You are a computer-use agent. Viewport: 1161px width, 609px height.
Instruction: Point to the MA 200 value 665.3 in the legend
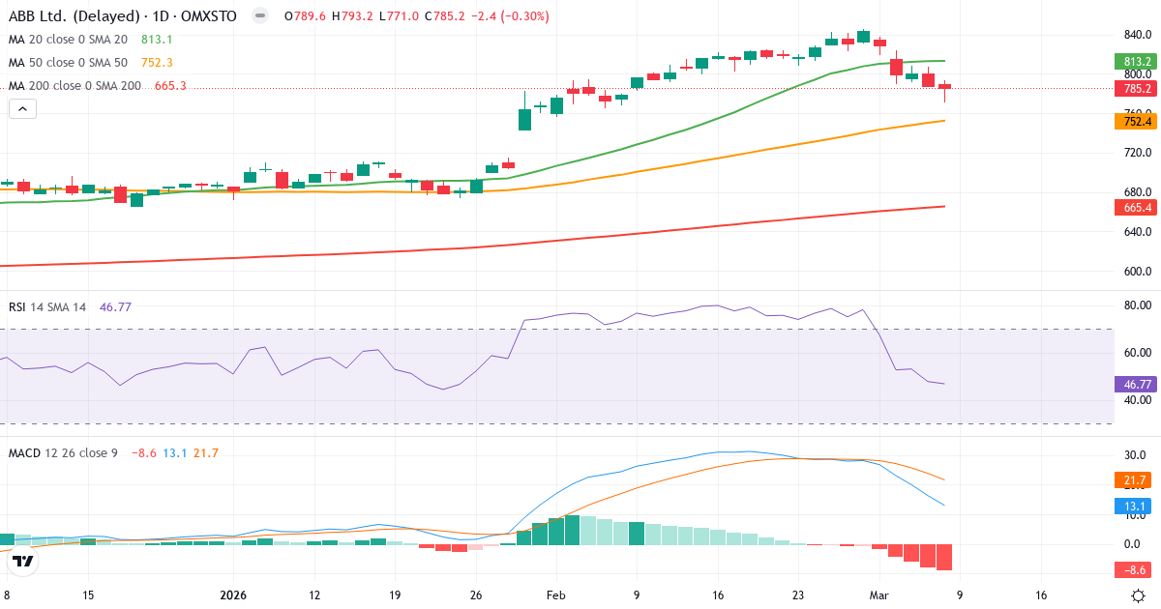point(170,85)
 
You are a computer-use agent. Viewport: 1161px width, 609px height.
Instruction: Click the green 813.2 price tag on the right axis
point(1137,61)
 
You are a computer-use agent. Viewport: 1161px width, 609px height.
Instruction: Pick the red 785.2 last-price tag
point(1137,88)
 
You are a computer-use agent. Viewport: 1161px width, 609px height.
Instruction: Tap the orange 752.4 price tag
point(1137,121)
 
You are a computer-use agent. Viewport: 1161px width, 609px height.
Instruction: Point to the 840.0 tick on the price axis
point(1138,35)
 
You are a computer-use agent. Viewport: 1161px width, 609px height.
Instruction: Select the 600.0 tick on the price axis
point(1138,272)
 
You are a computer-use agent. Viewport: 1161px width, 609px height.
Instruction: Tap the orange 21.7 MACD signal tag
point(1137,480)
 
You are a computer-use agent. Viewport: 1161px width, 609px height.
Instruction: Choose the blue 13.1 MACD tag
point(1137,505)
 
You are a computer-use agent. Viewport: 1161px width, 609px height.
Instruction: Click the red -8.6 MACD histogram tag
point(1137,569)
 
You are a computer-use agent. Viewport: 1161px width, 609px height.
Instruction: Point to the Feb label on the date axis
point(555,595)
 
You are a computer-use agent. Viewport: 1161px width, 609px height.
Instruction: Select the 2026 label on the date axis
point(233,595)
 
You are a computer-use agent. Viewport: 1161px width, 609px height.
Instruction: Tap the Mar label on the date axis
point(878,595)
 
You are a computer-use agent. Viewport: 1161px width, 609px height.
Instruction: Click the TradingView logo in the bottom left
point(24,560)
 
